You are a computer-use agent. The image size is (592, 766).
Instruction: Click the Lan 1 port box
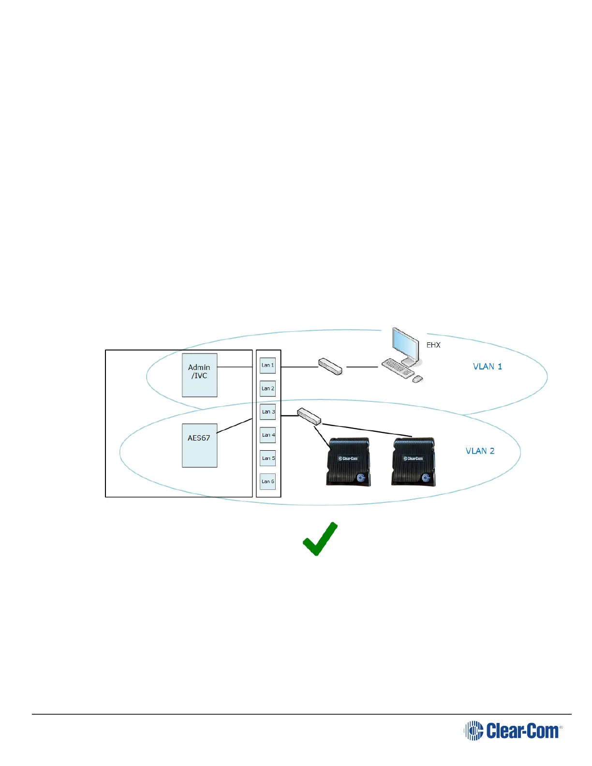pos(267,365)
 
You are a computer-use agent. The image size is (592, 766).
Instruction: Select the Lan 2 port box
pos(267,388)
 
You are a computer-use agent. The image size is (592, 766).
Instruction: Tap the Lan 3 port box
pos(267,412)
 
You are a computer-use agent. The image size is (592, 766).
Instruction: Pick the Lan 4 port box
pos(267,435)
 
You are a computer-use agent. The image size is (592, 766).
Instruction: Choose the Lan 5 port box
pos(267,458)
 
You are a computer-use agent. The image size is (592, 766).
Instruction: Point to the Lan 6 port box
pos(267,481)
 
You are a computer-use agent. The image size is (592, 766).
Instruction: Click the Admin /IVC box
pos(199,375)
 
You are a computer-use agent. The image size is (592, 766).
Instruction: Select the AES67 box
pos(199,445)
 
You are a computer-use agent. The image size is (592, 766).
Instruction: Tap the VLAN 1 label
pos(487,367)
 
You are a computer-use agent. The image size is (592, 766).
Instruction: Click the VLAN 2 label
pos(480,451)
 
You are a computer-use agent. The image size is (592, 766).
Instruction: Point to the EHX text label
pos(433,345)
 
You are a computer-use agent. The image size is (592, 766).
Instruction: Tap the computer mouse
pos(417,379)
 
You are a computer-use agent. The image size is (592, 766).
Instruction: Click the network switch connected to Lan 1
pos(330,366)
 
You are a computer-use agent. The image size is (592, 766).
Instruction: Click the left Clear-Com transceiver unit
pos(349,461)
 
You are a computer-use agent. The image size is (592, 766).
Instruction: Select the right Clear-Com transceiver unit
pos(414,461)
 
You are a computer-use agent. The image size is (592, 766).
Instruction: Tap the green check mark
pos(320,539)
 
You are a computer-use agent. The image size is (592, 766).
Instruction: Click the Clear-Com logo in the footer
pos(513,730)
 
